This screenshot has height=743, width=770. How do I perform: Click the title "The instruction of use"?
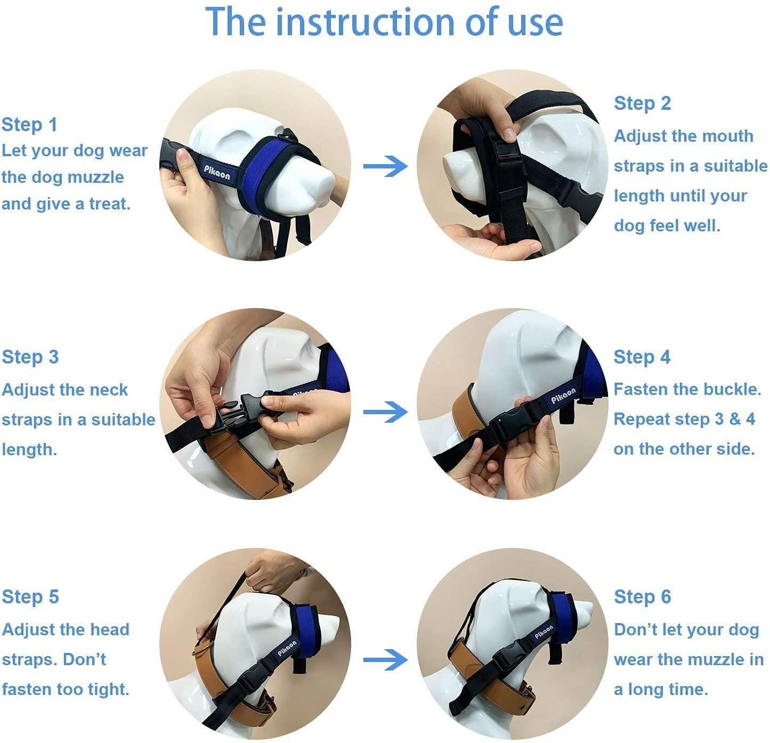(x=384, y=22)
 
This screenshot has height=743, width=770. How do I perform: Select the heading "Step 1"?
(x=30, y=125)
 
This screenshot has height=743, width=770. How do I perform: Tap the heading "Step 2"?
(x=643, y=104)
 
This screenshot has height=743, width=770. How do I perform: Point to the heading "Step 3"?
(x=30, y=357)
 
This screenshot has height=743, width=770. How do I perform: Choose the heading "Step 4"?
(x=642, y=357)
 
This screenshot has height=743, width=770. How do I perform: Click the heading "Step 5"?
(x=30, y=597)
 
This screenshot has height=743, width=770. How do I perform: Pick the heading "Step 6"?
(x=643, y=597)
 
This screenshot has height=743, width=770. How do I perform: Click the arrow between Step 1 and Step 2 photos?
(x=385, y=166)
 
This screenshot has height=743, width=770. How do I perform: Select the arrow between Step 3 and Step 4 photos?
(x=385, y=412)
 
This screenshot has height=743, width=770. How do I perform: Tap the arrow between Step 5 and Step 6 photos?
(x=385, y=660)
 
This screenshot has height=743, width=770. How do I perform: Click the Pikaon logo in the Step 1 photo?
(x=217, y=173)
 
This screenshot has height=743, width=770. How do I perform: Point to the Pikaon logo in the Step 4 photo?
(x=563, y=395)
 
